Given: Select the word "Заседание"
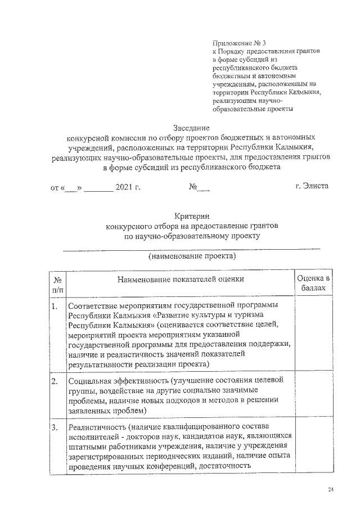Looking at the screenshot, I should pos(191,128).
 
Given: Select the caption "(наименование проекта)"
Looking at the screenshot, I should pos(192,256).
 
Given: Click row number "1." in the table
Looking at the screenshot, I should pos(55,307).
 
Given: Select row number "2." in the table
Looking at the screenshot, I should pos(55,381).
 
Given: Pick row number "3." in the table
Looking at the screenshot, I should pos(55,429).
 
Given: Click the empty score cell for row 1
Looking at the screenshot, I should pos(313,335).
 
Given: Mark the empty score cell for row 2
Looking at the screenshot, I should pos(313,397).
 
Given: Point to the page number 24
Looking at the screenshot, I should pos(331,490).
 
